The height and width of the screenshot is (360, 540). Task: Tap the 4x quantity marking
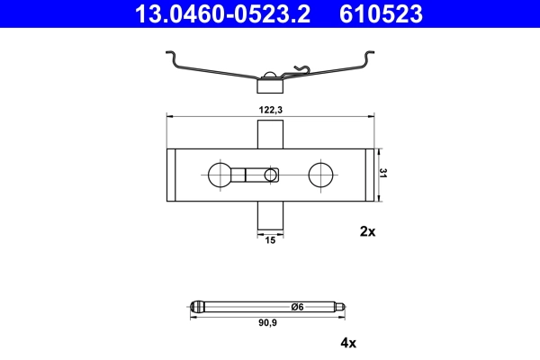[x=349, y=342]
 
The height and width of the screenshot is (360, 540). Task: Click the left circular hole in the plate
[x=219, y=174]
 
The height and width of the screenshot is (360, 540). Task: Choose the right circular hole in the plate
[x=320, y=174]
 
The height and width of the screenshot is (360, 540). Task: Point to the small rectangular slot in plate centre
[x=270, y=174]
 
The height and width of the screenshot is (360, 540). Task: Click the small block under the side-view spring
[x=270, y=86]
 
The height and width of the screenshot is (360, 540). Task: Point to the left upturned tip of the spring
[x=172, y=56]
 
